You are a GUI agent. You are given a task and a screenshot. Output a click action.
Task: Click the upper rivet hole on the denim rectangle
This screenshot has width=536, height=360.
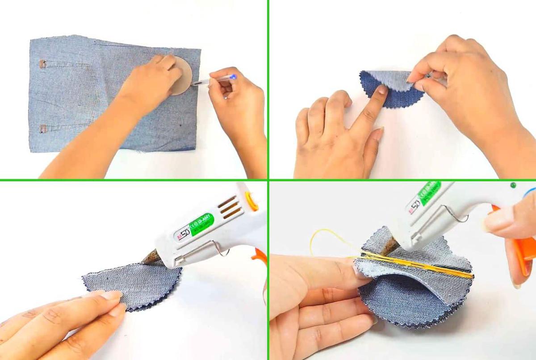[x=42, y=64]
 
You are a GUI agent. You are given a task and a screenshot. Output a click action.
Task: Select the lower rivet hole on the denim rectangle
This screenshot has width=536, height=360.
[x=43, y=129]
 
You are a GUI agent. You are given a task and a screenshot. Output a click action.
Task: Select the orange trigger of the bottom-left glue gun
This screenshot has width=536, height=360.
[x=260, y=256]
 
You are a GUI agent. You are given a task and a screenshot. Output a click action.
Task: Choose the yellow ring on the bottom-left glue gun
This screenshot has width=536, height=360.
[x=252, y=201]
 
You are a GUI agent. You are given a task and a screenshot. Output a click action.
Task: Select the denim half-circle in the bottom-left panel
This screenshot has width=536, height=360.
[x=134, y=284]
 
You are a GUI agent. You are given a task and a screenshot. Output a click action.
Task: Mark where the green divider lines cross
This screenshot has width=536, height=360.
[x=268, y=180]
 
